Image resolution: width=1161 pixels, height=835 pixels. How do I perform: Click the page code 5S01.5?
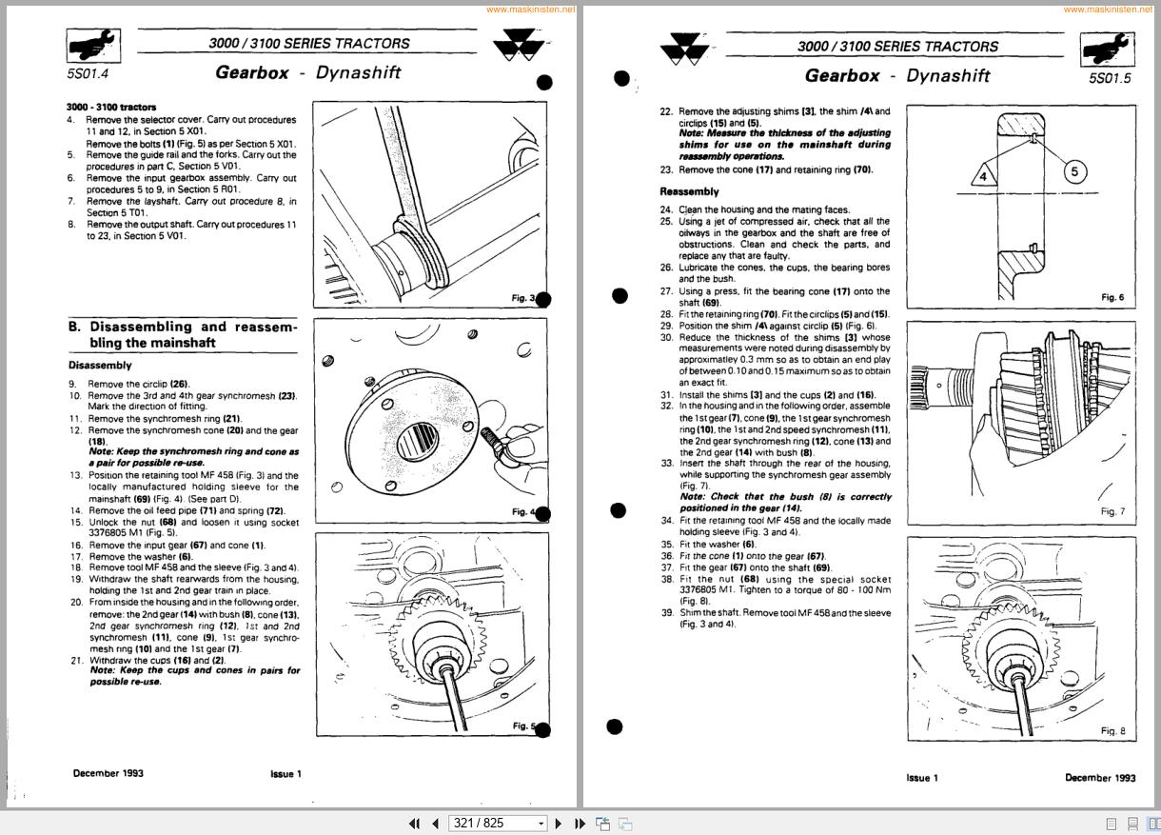pos(1110,78)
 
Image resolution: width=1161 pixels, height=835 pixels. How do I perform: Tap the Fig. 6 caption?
pos(1112,298)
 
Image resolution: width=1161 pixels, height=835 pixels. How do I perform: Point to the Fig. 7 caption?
pos(1112,511)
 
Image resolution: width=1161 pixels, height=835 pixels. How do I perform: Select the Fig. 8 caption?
pos(1112,730)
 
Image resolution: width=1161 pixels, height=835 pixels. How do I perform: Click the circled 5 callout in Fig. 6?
pos(1074,171)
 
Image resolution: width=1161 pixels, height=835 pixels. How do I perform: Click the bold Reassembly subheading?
pos(690,191)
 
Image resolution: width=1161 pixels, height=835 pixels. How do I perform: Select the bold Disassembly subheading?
pos(100,365)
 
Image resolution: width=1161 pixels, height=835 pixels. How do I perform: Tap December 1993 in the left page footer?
pos(108,774)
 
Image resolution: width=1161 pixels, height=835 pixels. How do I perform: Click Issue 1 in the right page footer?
pos(921,778)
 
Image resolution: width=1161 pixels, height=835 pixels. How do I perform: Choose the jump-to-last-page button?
pos(580,824)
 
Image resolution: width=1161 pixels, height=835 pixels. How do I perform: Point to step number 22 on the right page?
pos(666,111)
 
